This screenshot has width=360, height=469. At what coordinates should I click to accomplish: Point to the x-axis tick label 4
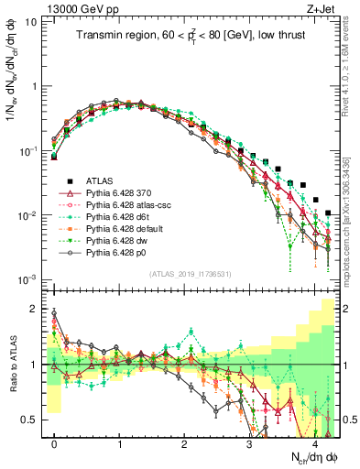coord(314,443)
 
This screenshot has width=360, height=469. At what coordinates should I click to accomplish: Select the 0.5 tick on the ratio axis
coord(32,420)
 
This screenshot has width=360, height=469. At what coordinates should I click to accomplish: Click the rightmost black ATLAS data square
coord(328,213)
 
